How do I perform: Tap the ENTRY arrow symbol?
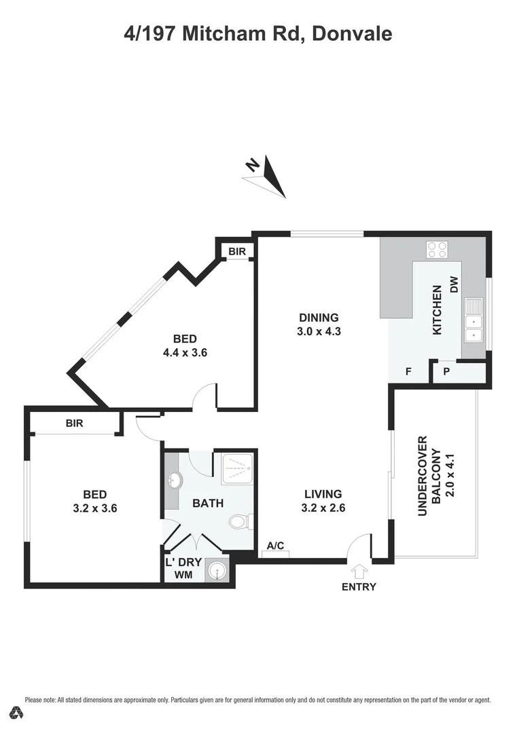coord(359,571)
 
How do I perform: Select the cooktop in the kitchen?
coord(437,250)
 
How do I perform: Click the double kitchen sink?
coord(473,320)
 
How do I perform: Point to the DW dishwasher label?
coord(454,285)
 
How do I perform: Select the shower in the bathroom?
coord(235,466)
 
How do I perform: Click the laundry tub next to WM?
coord(217,571)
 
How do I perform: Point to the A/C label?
coord(275,546)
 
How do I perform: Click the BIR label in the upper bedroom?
coord(236,252)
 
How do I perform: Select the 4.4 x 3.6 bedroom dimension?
coord(184,352)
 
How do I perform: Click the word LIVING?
coord(323,494)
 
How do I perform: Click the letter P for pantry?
coord(446,371)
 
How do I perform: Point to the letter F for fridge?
coord(408,371)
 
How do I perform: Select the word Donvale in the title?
coord(351,33)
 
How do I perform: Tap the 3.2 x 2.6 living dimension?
coord(323,508)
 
